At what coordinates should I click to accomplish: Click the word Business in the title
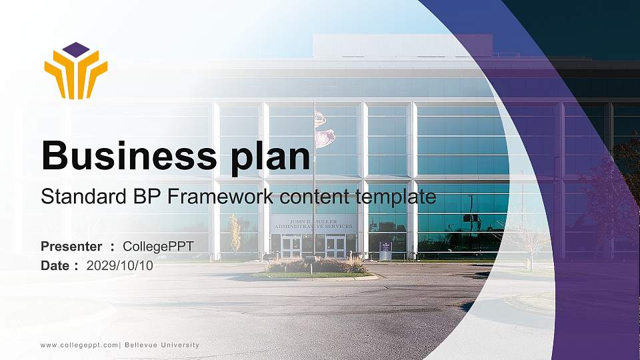(x=129, y=155)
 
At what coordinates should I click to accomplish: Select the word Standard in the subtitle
(x=84, y=196)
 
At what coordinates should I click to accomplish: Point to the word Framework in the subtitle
(x=220, y=196)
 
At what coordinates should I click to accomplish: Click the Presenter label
(x=71, y=246)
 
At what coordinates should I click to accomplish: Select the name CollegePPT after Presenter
(x=159, y=247)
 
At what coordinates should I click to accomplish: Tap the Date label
(x=55, y=265)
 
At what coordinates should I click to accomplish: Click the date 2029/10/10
(x=119, y=265)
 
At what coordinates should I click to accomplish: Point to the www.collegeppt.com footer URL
(x=79, y=345)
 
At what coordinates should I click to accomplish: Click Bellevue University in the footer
(x=162, y=345)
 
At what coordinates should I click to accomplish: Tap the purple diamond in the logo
(x=76, y=50)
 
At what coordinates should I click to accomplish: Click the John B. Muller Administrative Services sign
(x=313, y=224)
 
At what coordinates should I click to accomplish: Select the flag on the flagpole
(x=325, y=129)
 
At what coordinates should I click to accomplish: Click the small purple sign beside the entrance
(x=385, y=250)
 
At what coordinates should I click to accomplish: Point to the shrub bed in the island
(x=316, y=265)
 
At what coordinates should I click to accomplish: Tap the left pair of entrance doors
(x=291, y=247)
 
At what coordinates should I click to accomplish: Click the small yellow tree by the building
(x=235, y=233)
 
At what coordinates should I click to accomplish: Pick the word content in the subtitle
(x=314, y=197)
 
